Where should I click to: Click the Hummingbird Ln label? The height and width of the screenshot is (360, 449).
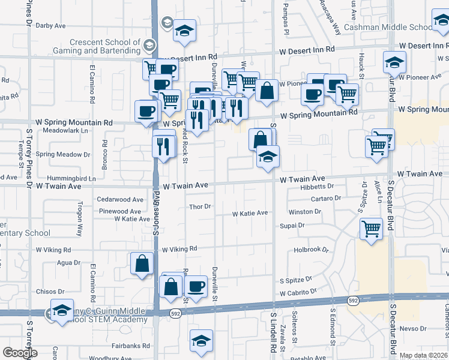point(74,179)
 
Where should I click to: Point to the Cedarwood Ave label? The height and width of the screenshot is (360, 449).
point(121,199)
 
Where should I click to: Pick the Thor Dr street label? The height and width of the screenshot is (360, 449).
point(200,207)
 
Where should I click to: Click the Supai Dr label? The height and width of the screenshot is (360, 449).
point(292,226)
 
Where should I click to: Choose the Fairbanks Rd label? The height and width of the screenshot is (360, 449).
point(130,346)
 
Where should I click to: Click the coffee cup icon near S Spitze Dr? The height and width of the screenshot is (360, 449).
point(196,286)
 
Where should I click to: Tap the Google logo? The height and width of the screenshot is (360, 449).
point(20,353)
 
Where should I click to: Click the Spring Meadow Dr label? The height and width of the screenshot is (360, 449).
point(62,154)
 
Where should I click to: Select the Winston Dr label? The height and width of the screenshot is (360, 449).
point(304,212)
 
